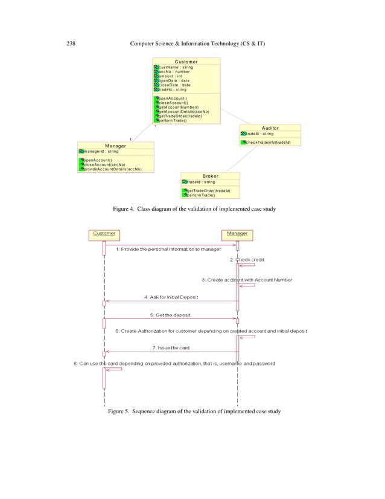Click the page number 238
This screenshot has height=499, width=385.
(69, 44)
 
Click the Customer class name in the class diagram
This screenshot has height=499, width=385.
(186, 62)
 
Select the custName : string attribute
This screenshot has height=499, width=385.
(176, 67)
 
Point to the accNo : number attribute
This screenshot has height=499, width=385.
(174, 72)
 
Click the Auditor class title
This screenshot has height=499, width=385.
(270, 128)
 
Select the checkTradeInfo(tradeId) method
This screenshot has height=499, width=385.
(268, 143)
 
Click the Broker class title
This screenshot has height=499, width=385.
(210, 176)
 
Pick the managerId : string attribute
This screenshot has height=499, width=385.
(100, 151)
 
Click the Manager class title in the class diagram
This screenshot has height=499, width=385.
(115, 146)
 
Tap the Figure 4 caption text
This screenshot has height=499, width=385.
(194, 209)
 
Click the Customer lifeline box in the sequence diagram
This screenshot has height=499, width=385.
(104, 233)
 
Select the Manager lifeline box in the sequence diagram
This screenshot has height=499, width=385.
(237, 233)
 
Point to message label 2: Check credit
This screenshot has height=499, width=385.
(247, 259)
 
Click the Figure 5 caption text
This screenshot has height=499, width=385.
(194, 411)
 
